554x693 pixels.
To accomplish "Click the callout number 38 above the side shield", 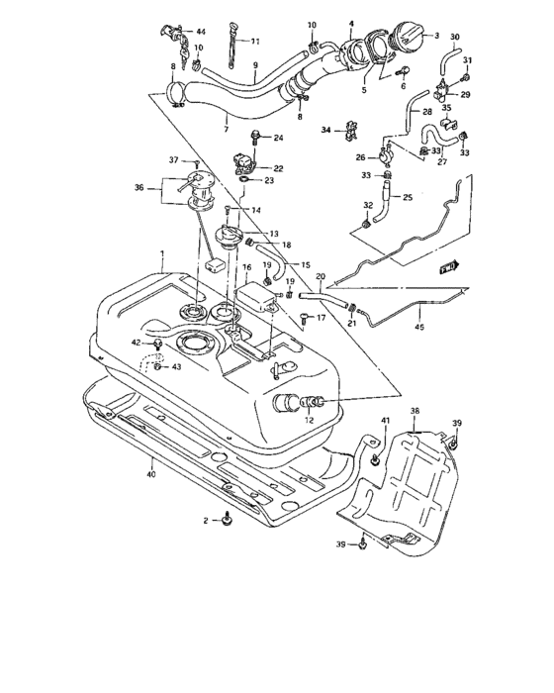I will [x=415, y=410].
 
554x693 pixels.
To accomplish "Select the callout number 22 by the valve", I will [x=278, y=168].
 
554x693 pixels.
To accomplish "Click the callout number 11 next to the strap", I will [x=254, y=42].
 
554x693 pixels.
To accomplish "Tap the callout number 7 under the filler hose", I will [x=227, y=129].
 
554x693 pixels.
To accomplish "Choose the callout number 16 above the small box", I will [x=247, y=267].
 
